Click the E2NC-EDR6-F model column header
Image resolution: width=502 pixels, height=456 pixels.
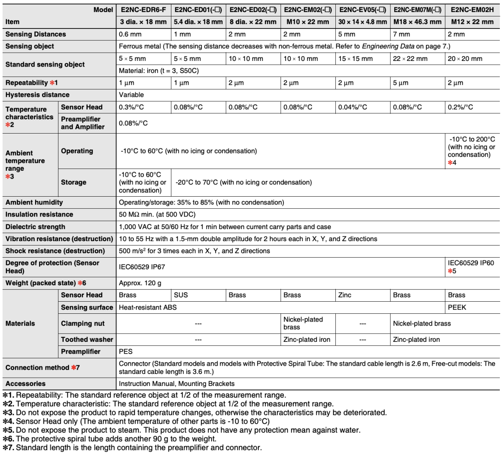[143, 10]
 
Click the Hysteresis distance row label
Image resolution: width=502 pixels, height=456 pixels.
[37, 95]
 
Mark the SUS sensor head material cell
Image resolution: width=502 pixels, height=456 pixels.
[180, 295]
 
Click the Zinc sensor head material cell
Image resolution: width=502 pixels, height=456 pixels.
[345, 295]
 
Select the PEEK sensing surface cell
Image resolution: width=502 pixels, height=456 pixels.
[457, 307]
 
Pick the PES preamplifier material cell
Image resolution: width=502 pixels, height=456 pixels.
[125, 352]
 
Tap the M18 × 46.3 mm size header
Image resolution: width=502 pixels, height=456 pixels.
[417, 22]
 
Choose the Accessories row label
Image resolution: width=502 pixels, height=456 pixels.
[25, 383]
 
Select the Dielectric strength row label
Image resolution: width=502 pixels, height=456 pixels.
[35, 226]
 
